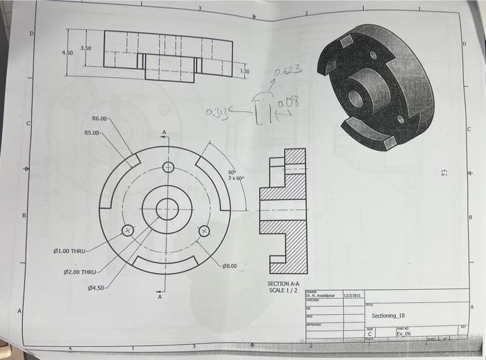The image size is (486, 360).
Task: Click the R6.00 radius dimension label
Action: click(x=101, y=119)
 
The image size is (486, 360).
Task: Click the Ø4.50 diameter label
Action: click(x=94, y=287)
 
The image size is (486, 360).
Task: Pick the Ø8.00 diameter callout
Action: click(x=230, y=265)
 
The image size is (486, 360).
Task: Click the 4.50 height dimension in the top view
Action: click(x=67, y=53)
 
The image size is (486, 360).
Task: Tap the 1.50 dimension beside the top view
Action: click(x=245, y=71)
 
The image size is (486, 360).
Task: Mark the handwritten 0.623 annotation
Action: click(x=288, y=71)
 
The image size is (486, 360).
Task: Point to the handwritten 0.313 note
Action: click(x=218, y=115)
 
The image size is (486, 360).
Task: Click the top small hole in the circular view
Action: click(x=167, y=167)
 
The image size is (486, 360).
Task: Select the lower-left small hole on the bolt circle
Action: click(x=127, y=231)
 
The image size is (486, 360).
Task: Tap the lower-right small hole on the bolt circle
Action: click(x=204, y=231)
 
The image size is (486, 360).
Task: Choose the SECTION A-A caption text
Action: click(x=283, y=284)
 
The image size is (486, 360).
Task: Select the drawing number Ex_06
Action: click(x=403, y=334)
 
